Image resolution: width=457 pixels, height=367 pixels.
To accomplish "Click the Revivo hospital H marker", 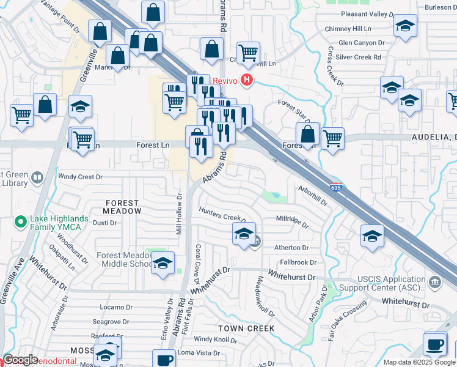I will tap(247, 80).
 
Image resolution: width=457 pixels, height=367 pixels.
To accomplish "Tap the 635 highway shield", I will tap(335, 186).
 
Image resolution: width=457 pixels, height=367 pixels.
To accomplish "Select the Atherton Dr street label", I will tap(291, 248).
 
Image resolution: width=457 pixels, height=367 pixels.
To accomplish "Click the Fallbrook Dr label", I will tap(298, 262).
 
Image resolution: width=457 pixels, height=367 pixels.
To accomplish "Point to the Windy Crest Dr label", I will tap(80, 177).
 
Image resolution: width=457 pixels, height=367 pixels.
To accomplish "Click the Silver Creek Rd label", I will tap(359, 57).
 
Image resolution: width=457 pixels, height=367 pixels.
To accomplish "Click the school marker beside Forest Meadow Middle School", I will tap(163, 263).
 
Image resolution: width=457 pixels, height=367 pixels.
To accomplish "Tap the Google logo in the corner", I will tap(21, 360).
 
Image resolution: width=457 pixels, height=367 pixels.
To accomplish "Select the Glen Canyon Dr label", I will tap(362, 43).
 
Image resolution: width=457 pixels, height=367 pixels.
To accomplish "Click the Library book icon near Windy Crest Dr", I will tap(38, 177).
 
